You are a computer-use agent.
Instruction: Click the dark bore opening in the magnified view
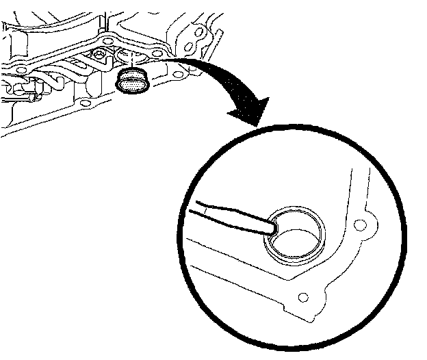(296, 240)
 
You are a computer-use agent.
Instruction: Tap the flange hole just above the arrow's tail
(158, 53)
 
